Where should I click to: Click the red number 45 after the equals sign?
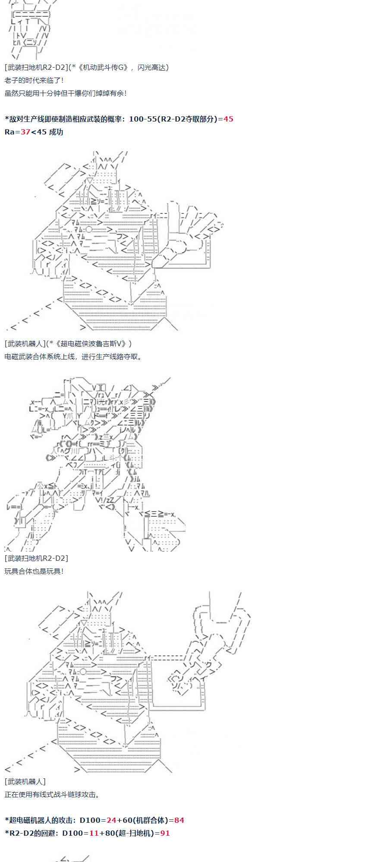228,119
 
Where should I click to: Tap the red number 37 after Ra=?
25,132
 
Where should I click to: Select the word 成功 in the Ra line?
56,132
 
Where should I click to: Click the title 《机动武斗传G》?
103,67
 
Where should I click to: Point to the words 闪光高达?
153,67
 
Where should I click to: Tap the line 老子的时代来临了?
35,80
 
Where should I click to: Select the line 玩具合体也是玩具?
35,571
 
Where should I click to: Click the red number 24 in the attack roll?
111,820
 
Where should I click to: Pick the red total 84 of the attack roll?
179,820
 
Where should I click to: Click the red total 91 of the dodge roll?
165,833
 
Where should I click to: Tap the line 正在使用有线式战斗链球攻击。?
53,794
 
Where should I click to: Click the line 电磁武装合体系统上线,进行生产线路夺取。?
73,356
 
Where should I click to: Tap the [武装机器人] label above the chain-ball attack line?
25,781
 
